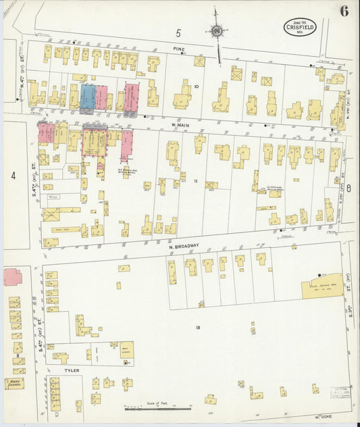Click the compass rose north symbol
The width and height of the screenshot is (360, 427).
[217, 30]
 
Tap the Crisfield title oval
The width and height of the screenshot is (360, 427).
[300, 27]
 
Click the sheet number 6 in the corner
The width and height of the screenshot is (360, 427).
[344, 11]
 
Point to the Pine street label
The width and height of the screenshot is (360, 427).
[178, 49]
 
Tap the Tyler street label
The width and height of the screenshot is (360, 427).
[72, 370]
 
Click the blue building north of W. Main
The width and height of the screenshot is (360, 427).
[88, 97]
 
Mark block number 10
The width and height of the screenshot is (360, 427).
[197, 86]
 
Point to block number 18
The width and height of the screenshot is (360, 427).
[198, 327]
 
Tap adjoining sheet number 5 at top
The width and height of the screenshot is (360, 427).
[179, 32]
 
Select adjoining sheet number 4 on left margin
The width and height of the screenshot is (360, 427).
[12, 176]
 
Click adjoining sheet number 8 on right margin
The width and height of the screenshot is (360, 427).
[349, 189]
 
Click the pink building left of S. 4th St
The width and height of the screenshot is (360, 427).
[12, 277]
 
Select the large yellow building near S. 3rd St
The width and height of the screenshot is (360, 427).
[322, 286]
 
